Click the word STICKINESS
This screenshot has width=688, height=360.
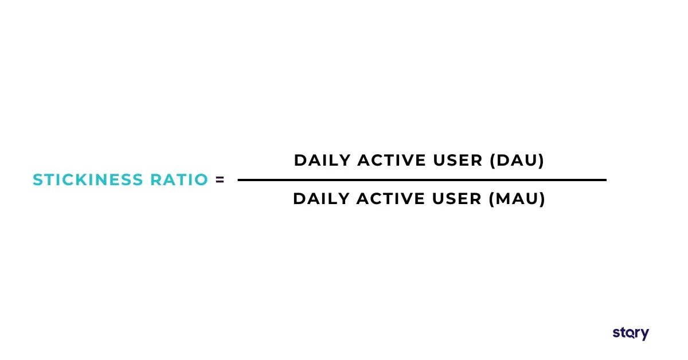[88, 180]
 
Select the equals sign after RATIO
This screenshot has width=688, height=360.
[220, 180]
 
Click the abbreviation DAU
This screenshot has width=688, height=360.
[517, 161]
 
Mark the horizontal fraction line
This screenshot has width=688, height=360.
[421, 180]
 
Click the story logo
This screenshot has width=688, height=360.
[631, 333]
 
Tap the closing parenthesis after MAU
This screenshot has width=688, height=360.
[542, 199]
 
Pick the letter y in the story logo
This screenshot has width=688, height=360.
[645, 334]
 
